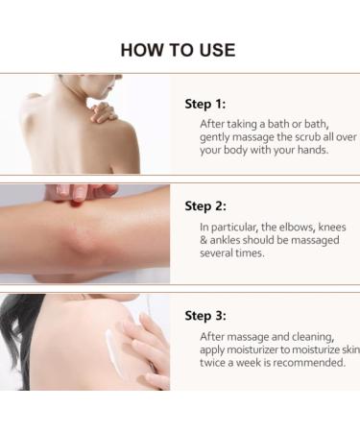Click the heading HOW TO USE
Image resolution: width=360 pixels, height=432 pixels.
[179, 50]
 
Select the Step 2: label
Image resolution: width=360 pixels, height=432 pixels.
[204, 205]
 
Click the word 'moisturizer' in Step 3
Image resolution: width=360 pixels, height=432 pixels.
[254, 349]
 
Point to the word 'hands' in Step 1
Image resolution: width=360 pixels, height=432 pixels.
[313, 151]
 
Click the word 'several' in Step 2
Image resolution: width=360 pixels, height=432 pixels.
[222, 253]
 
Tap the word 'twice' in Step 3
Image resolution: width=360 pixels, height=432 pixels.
[215, 363]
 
